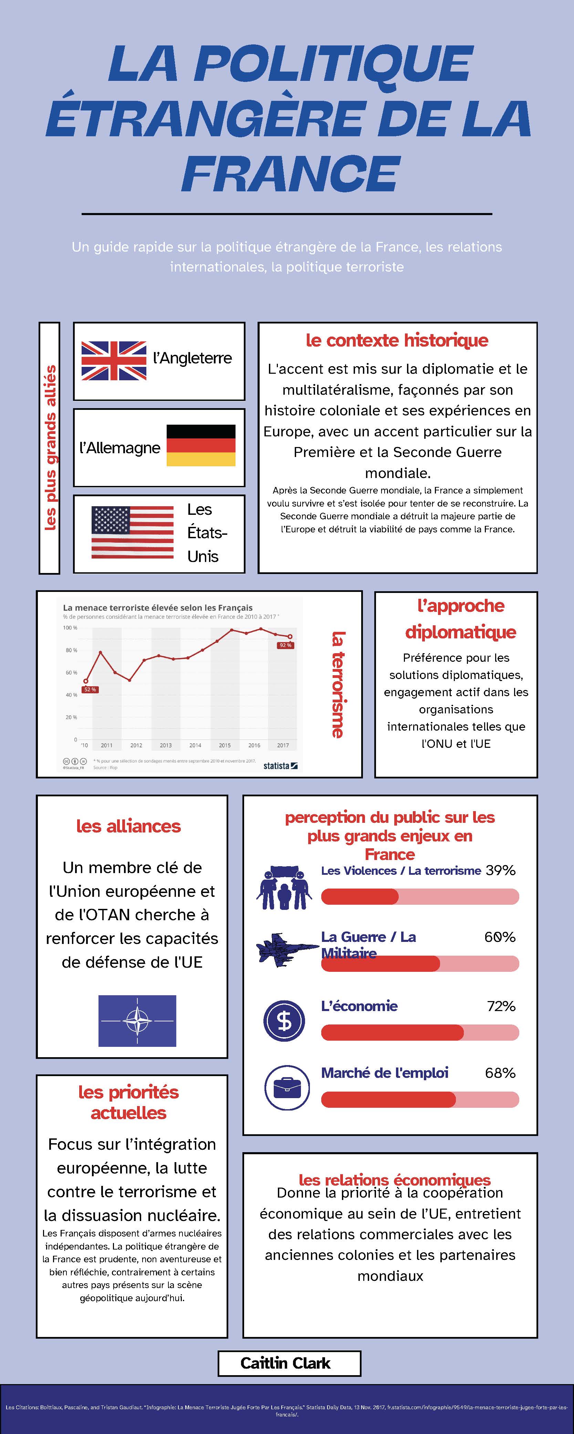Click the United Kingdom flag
tap(114, 361)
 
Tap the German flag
tap(201, 445)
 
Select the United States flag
tap(133, 532)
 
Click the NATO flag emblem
tap(137, 1020)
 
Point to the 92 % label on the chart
tap(285, 645)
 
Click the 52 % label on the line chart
tap(90, 690)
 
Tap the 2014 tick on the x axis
tap(195, 745)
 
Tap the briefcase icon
tap(287, 1088)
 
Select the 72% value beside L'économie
tap(501, 1006)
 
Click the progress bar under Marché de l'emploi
tap(420, 1100)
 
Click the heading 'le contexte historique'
tap(397, 340)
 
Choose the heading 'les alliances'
tap(128, 826)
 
